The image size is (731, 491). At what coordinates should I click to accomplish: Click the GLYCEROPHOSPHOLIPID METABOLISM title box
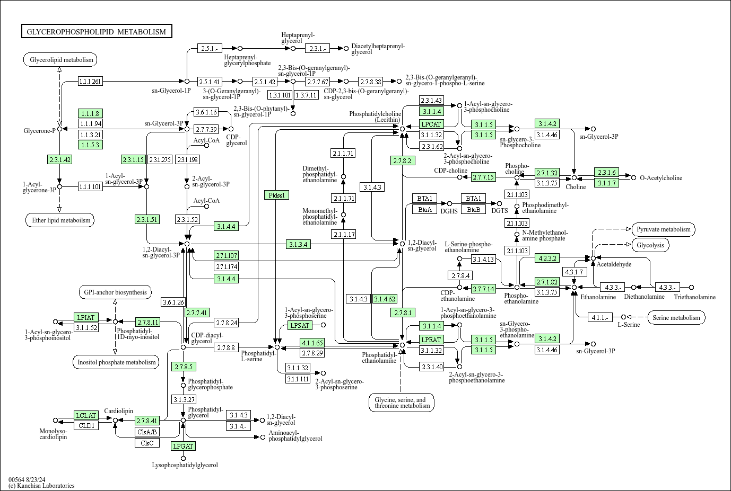pos(97,32)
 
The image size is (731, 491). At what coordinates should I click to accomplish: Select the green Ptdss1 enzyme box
pos(276,195)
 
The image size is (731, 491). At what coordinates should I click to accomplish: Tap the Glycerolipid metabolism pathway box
pos(60,60)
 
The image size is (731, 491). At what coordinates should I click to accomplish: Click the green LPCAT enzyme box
pos(431,124)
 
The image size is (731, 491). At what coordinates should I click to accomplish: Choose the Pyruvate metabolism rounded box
pos(663,229)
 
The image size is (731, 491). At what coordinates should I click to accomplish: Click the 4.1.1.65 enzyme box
pos(312,343)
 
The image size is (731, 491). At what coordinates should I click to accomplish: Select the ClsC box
pos(147,443)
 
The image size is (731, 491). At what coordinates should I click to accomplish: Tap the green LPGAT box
pos(183,446)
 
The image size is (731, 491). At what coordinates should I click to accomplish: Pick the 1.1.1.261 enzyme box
pos(90,81)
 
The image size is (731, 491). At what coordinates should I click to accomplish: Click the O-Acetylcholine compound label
pos(661,178)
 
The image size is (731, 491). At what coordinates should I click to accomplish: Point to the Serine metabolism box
pos(676,318)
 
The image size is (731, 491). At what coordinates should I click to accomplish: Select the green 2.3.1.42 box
pos(59,159)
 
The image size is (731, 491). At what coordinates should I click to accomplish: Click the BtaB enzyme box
pos(473,209)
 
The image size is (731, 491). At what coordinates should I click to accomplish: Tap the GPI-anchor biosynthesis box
pos(115,292)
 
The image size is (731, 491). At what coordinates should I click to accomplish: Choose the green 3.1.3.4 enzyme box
pos(298,244)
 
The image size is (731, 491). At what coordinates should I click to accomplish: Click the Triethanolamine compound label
pos(694,297)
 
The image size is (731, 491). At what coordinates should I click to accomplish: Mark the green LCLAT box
pos(86,415)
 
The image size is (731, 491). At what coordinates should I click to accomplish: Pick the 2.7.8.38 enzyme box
pos(370,82)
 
